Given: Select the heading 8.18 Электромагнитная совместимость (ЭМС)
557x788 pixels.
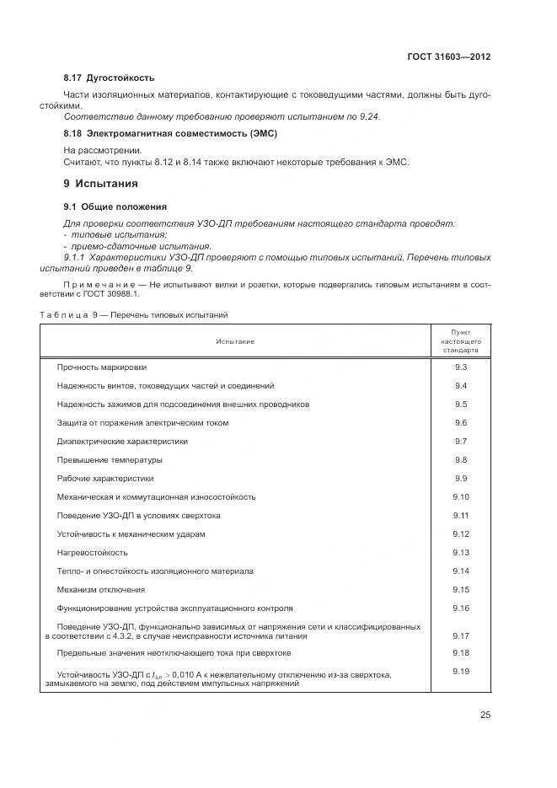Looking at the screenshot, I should click(170, 133).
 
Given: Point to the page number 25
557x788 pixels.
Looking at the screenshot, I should click(485, 715).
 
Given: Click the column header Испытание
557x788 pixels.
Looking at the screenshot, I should click(234, 341).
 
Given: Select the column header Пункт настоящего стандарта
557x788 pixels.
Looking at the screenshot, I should click(460, 340).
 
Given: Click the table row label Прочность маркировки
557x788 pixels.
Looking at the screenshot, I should click(101, 367).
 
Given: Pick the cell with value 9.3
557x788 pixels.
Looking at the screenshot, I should click(460, 367).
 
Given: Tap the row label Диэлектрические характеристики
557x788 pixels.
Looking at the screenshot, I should click(122, 441).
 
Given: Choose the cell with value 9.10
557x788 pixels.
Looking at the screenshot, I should click(460, 496).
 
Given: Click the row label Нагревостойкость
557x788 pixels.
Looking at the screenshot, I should click(92, 552).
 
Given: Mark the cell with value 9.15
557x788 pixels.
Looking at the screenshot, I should click(460, 589).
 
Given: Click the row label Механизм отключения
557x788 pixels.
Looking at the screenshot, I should click(100, 589).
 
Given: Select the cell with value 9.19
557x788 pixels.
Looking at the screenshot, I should click(460, 671).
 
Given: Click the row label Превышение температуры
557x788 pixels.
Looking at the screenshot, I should click(110, 459).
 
